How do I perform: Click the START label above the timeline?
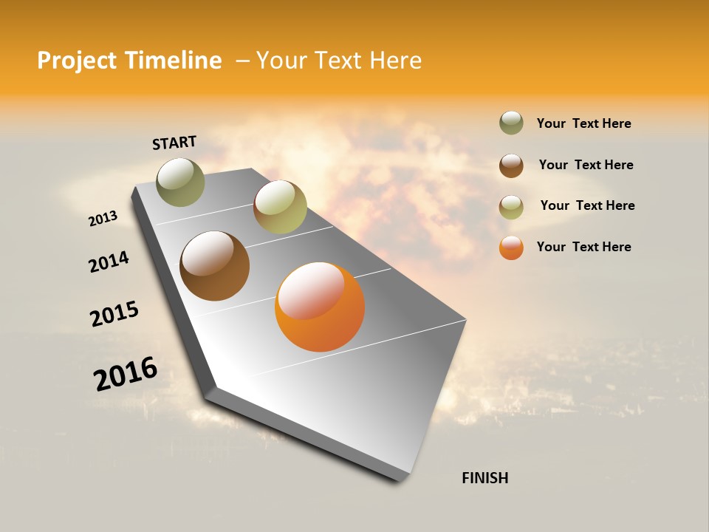pos(174,143)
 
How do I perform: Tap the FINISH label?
pos(484,478)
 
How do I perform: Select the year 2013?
pos(103,219)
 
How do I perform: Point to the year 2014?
pos(109,262)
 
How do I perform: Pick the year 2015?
pos(114,314)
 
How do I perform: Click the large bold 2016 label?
pos(126,374)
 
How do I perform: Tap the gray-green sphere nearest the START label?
pos(180,182)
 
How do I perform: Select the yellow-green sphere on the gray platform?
pos(280,207)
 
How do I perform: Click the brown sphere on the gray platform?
pos(215,266)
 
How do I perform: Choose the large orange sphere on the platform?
pos(320,307)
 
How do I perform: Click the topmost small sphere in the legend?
pos(511,123)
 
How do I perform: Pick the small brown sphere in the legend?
pos(511,166)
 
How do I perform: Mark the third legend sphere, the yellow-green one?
pos(511,207)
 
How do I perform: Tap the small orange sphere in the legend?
pos(511,248)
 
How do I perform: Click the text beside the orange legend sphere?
pos(583,247)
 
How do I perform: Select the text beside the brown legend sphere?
pos(586,165)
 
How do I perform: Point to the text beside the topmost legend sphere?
pos(583,123)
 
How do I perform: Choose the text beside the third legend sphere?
pos(587,205)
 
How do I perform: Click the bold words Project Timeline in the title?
pos(129,61)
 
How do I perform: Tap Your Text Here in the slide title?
pos(338,61)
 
